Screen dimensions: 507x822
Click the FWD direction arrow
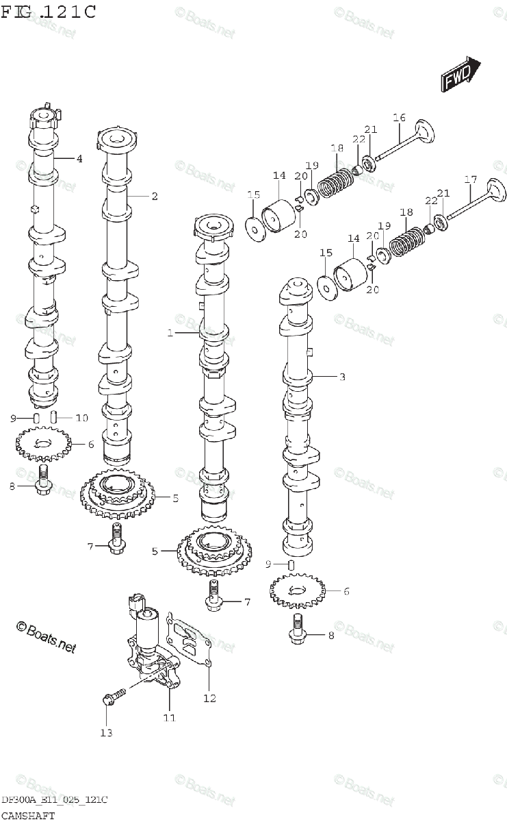click(x=460, y=75)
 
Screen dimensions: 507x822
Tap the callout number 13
click(x=106, y=733)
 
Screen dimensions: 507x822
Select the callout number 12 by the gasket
click(x=209, y=698)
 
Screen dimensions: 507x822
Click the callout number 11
click(x=170, y=718)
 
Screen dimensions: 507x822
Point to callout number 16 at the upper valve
click(x=399, y=117)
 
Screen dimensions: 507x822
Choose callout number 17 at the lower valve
click(x=471, y=179)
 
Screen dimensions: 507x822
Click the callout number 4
click(x=79, y=158)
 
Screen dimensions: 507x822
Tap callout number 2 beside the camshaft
click(x=155, y=197)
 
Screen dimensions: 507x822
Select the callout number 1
click(x=170, y=333)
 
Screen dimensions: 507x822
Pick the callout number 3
click(x=342, y=377)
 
